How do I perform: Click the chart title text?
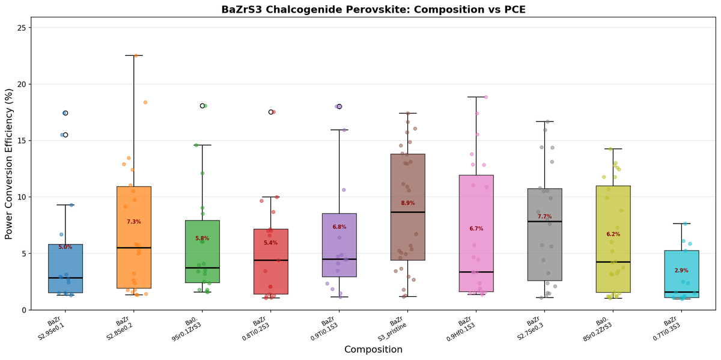pyautogui.click(x=373, y=9)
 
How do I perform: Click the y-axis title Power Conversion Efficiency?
pyautogui.click(x=9, y=163)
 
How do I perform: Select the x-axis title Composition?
pyautogui.click(x=373, y=349)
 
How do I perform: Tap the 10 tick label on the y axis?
pyautogui.click(x=22, y=197)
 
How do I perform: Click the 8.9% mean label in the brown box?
pyautogui.click(x=407, y=203)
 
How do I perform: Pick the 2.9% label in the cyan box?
pyautogui.click(x=681, y=270)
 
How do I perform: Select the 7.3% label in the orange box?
pyautogui.click(x=133, y=222)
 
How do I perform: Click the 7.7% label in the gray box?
pyautogui.click(x=544, y=216)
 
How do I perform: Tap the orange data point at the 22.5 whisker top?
pyautogui.click(x=136, y=56)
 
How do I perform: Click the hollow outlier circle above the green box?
pyautogui.click(x=202, y=106)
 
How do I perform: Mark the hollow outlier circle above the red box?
pyautogui.click(x=271, y=112)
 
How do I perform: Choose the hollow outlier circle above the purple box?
pyautogui.click(x=339, y=106)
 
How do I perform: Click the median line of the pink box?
pyautogui.click(x=476, y=272)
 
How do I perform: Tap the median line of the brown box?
pyautogui.click(x=407, y=212)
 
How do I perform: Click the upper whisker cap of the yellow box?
pyautogui.click(x=613, y=148)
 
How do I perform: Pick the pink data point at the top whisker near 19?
pyautogui.click(x=485, y=97)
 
